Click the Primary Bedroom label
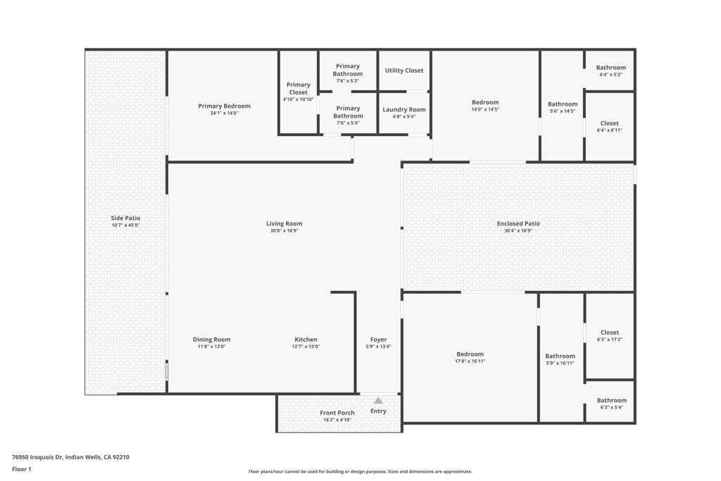pyautogui.click(x=225, y=106)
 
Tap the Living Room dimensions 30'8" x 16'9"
pyautogui.click(x=284, y=231)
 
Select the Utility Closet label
pyautogui.click(x=404, y=70)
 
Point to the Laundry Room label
pyautogui.click(x=404, y=109)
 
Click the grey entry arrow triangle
pyautogui.click(x=378, y=401)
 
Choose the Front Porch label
pyautogui.click(x=337, y=413)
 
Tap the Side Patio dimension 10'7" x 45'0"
pyautogui.click(x=125, y=225)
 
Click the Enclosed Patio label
pyautogui.click(x=518, y=223)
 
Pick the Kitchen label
pyautogui.click(x=306, y=339)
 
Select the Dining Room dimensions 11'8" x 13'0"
pyautogui.click(x=211, y=346)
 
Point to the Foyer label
pyautogui.click(x=378, y=339)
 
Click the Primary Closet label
pyautogui.click(x=299, y=88)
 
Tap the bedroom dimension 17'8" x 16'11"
pyautogui.click(x=470, y=361)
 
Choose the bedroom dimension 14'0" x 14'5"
pyautogui.click(x=485, y=109)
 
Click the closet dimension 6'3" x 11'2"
pyautogui.click(x=610, y=339)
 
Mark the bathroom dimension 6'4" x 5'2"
pyautogui.click(x=610, y=75)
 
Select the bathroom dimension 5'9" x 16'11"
pyautogui.click(x=560, y=363)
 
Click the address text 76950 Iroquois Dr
pyautogui.click(x=37, y=457)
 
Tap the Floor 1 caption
pyautogui.click(x=22, y=469)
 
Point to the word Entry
pyautogui.click(x=378, y=411)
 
